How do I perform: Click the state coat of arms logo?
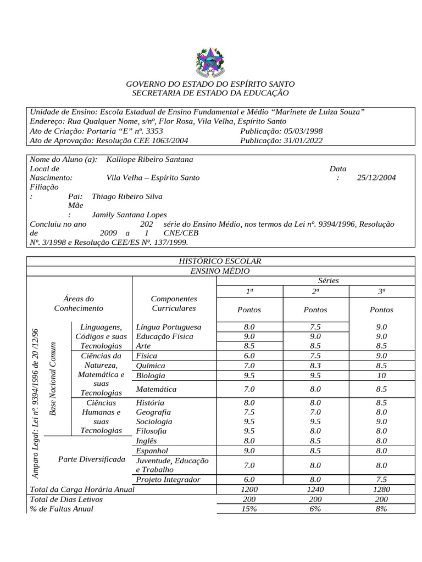click(210, 61)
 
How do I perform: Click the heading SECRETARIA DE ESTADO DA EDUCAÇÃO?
click(210, 93)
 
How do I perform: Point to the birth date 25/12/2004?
click(376, 178)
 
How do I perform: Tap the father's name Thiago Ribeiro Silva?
click(127, 196)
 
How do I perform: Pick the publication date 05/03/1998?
click(297, 131)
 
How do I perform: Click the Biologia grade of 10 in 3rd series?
click(381, 376)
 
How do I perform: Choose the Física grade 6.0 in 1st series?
click(249, 356)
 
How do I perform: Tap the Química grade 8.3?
click(315, 366)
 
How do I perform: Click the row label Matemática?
click(156, 389)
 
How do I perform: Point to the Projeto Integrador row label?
click(168, 480)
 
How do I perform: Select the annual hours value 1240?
click(315, 489)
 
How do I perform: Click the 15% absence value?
click(249, 509)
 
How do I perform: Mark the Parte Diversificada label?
click(91, 459)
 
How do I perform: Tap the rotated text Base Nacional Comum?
click(53, 379)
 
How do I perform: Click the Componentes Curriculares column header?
click(174, 304)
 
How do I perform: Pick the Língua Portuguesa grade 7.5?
click(315, 327)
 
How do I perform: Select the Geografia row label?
click(153, 412)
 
